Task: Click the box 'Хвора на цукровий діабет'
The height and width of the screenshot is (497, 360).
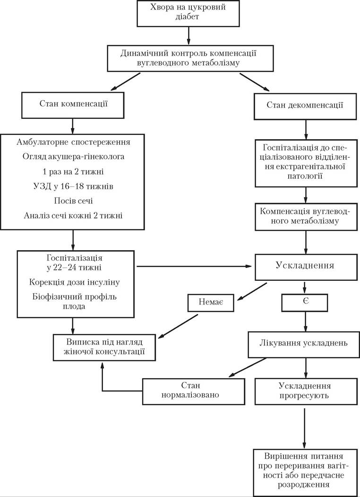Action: pyautogui.click(x=188, y=13)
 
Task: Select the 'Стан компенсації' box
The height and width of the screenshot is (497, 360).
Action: pyautogui.click(x=73, y=105)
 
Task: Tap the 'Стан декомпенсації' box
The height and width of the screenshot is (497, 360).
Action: pyautogui.click(x=305, y=106)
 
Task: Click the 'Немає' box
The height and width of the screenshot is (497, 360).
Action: pyautogui.click(x=211, y=303)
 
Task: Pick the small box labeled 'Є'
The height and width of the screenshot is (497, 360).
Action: pyautogui.click(x=305, y=303)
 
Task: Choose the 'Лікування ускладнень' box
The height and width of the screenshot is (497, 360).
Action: pyautogui.click(x=304, y=345)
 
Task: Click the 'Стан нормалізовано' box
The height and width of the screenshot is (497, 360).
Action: pyautogui.click(x=194, y=391)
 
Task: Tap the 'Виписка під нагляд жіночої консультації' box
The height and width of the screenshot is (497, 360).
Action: pyautogui.click(x=104, y=347)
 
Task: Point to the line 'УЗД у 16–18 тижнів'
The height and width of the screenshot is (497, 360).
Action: pyautogui.click(x=73, y=186)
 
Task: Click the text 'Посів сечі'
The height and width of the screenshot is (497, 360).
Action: pyautogui.click(x=73, y=201)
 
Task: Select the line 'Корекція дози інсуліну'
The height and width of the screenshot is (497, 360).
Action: pyautogui.click(x=74, y=282)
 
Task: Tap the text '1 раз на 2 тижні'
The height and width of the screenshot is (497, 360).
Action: pyautogui.click(x=73, y=171)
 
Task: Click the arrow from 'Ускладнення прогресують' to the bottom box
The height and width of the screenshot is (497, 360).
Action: pyautogui.click(x=305, y=428)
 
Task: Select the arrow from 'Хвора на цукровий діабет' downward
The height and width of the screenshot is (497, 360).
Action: pyautogui.click(x=189, y=36)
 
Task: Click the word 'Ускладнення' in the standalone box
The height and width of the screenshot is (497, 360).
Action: pyautogui.click(x=305, y=265)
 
